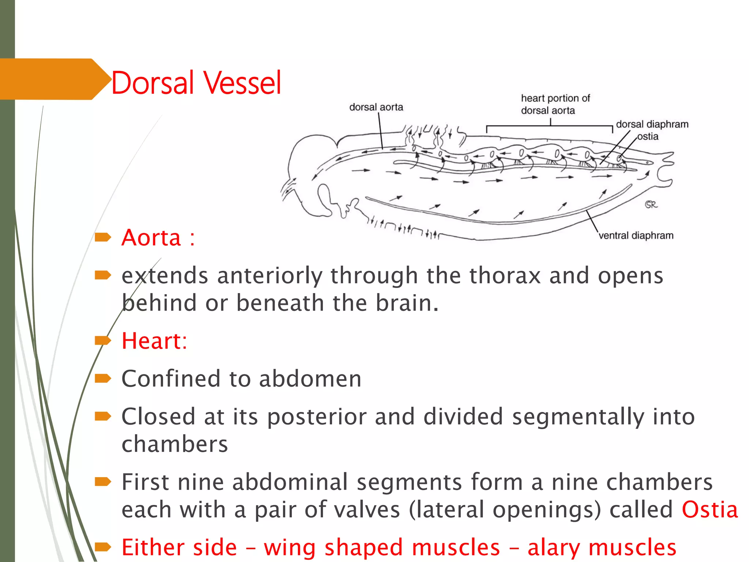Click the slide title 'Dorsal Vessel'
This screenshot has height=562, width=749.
196,83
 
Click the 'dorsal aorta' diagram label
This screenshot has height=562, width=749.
376,107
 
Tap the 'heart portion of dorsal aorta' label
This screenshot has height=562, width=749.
555,104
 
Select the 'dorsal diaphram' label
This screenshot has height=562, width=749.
652,124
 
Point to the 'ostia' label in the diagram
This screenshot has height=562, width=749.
648,136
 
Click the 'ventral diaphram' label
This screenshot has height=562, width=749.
636,236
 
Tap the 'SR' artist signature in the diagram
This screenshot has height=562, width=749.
651,205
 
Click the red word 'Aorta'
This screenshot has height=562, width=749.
151,238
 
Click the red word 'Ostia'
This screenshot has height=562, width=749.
710,510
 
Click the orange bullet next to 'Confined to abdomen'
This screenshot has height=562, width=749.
103,378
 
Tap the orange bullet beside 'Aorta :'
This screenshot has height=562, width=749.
103,237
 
